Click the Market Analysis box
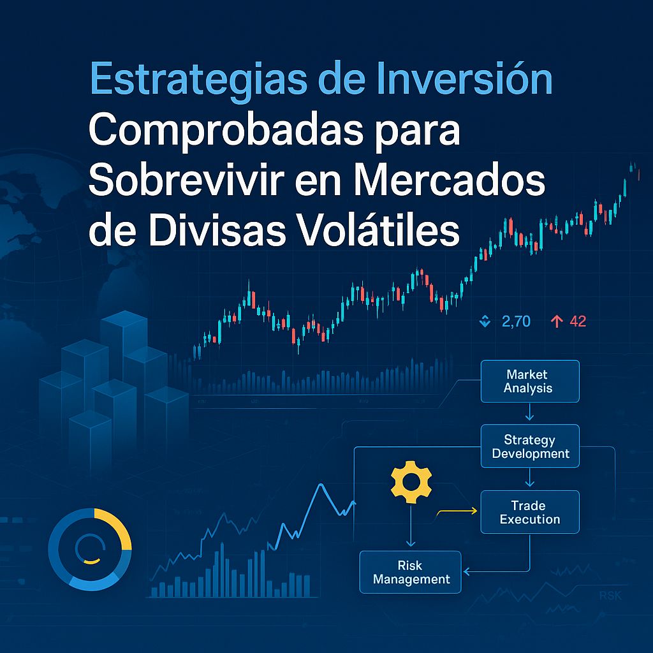point(529,381)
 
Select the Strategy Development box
point(530,446)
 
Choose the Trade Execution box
point(529,512)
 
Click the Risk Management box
point(411,572)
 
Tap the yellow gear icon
point(411,483)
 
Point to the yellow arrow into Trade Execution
point(457,511)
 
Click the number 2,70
point(516,322)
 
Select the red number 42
point(577,322)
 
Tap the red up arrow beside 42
point(556,322)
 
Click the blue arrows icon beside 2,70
point(485,322)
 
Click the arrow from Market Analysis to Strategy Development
point(529,413)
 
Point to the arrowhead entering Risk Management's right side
point(466,571)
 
